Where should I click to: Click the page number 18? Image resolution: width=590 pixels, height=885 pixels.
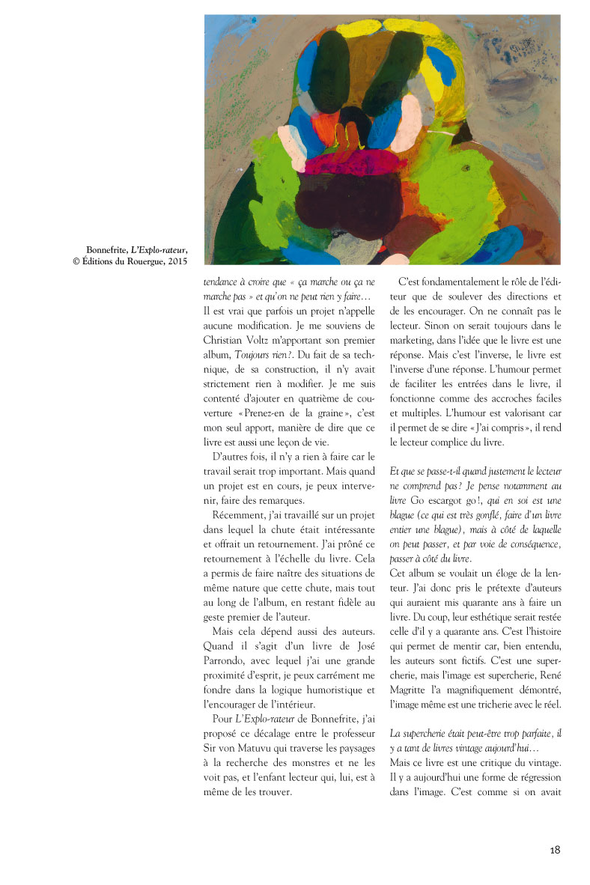pos(555,851)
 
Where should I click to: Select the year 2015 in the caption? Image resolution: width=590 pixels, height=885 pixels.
pos(173,261)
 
